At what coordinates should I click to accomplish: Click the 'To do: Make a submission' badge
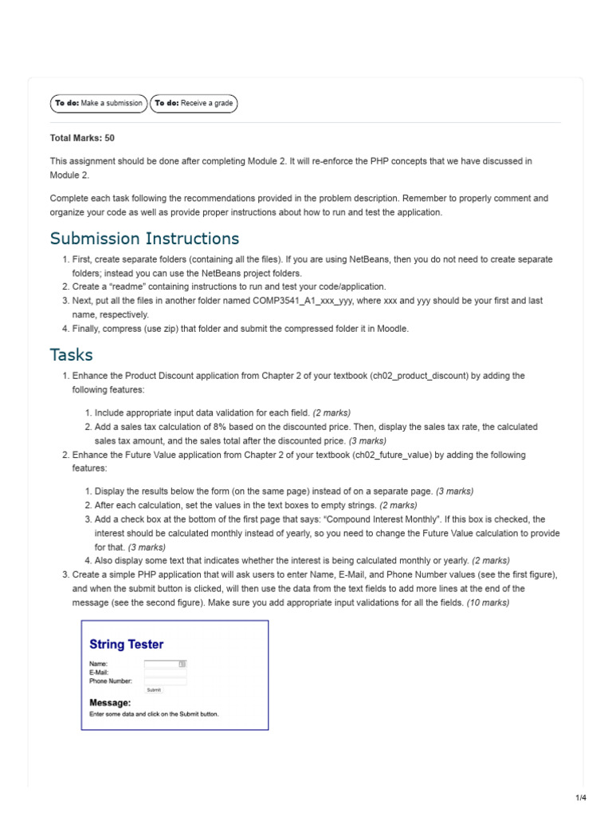pyautogui.click(x=99, y=103)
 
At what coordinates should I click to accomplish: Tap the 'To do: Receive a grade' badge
pyautogui.click(x=194, y=103)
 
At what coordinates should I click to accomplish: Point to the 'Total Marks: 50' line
pyautogui.click(x=82, y=138)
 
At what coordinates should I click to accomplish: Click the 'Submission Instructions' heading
pyautogui.click(x=144, y=239)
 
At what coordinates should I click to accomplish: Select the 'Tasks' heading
pyautogui.click(x=71, y=354)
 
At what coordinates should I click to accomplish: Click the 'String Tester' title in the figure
pyautogui.click(x=127, y=644)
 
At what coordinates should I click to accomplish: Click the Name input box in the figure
pyautogui.click(x=165, y=663)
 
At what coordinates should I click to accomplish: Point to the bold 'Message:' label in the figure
pyautogui.click(x=110, y=702)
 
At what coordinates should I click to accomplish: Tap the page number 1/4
pyautogui.click(x=580, y=798)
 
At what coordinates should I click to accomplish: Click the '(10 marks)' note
pyautogui.click(x=488, y=603)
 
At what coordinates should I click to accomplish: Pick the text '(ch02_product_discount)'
pyautogui.click(x=418, y=376)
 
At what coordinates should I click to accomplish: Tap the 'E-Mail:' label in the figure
pyautogui.click(x=100, y=673)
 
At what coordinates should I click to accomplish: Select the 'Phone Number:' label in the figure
pyautogui.click(x=111, y=681)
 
